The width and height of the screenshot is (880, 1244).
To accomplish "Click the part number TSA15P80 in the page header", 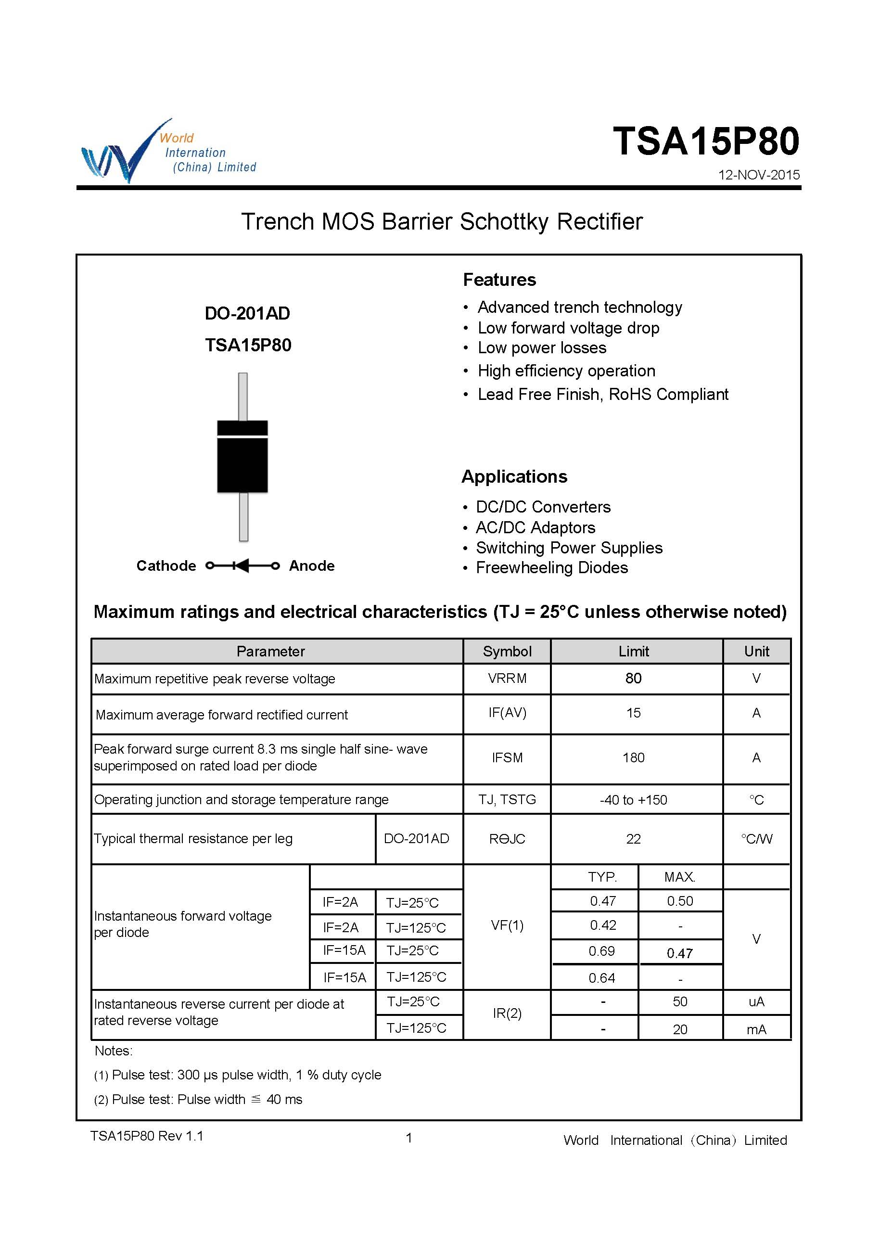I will tap(705, 141).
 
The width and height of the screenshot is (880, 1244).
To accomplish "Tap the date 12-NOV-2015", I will tap(758, 175).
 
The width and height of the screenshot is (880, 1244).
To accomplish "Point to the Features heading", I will tap(499, 280).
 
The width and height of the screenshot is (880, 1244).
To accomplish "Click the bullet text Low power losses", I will tap(541, 348).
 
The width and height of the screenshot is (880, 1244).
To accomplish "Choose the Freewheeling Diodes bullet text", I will tap(552, 567).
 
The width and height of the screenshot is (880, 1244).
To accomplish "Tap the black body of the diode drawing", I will tap(242, 463).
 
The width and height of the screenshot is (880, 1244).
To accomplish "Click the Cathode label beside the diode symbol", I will tap(166, 566).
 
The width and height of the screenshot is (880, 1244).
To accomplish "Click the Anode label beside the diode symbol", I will tap(312, 566).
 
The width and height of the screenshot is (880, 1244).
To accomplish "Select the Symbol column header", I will tap(507, 651).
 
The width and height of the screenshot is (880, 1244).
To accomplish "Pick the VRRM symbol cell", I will tap(507, 679).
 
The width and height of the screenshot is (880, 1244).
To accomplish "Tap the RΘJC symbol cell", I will tap(507, 839).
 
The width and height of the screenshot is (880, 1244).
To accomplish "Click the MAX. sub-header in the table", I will tap(679, 877).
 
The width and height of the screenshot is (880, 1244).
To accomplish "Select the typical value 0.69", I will tap(601, 951).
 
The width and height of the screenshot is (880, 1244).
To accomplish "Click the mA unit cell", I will tap(756, 1029).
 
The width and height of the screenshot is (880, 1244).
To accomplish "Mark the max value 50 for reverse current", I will tap(679, 1002).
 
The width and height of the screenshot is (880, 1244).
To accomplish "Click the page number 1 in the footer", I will tap(409, 1138).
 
